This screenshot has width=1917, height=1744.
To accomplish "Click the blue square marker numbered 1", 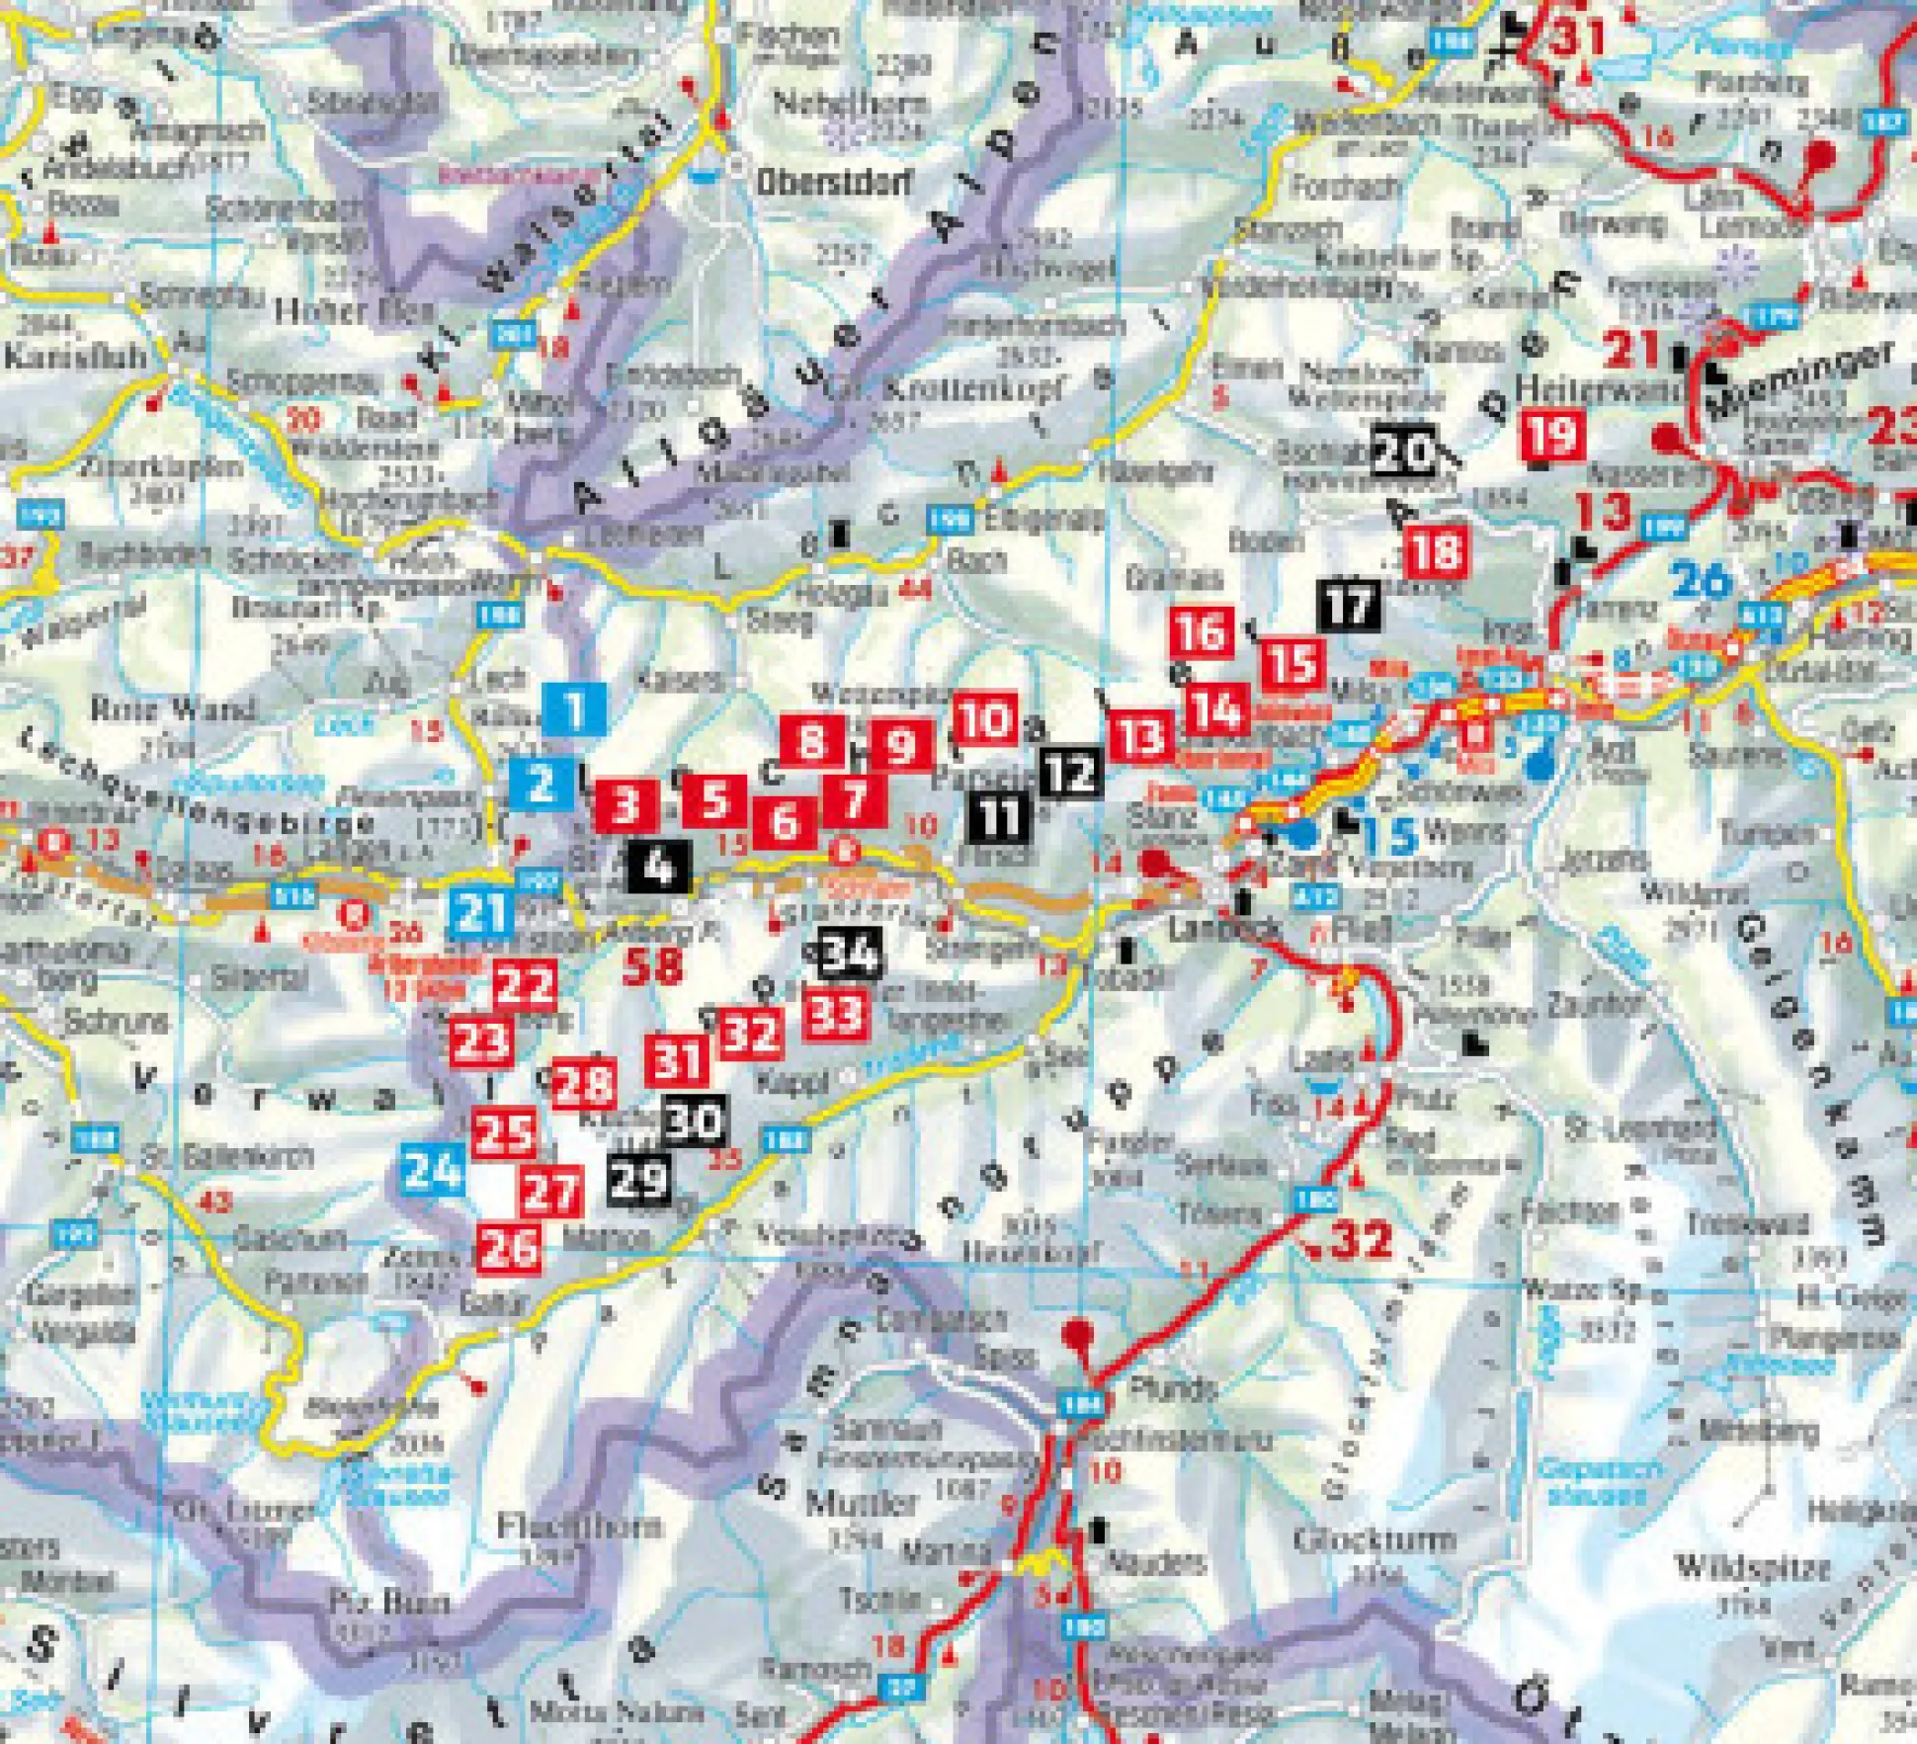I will coord(574,708).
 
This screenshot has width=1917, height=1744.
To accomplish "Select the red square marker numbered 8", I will coord(811,740).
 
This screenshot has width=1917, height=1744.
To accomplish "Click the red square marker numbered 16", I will coord(1202,632).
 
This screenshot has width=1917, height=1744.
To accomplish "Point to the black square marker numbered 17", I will coord(1348,604).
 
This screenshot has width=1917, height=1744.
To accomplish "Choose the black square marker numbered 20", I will coord(1404,452).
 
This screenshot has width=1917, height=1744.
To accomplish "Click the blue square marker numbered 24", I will coord(433,1171).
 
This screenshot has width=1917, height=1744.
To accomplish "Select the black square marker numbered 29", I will coord(640,1178).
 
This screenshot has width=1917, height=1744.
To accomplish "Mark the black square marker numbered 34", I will coord(850,955).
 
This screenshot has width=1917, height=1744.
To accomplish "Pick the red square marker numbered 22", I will coord(525,985).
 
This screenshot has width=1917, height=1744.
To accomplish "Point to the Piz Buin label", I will coord(388,1602).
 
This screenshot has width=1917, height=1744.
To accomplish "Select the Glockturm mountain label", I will coord(1374,1538).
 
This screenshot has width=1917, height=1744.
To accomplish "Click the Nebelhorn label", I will coord(850,103).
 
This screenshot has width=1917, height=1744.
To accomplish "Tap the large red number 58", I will coord(653,966).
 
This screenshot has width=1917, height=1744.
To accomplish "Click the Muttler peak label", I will coord(849,1504).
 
